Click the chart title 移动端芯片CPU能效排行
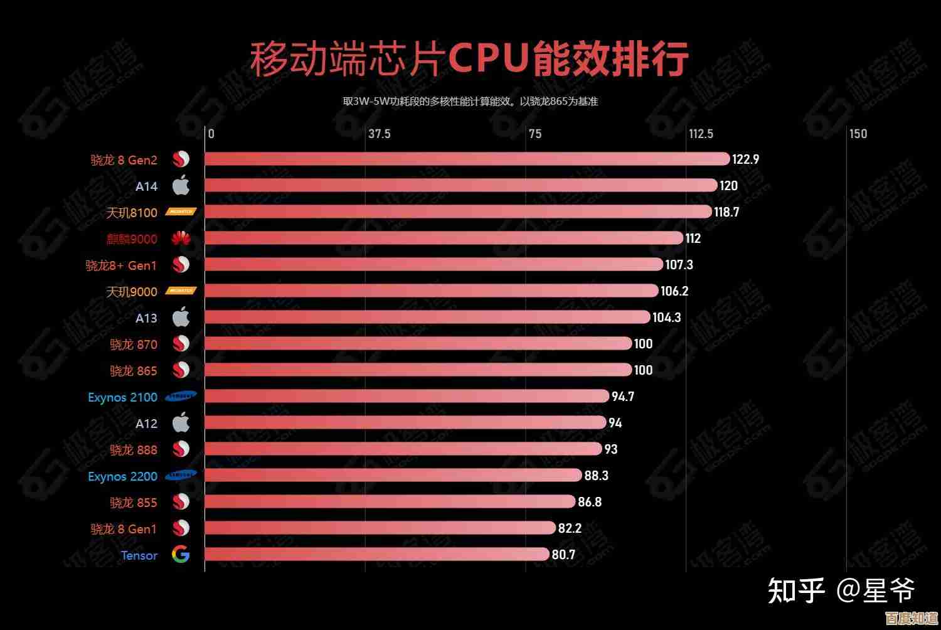(469, 60)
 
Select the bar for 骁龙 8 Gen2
(467, 159)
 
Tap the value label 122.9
(745, 159)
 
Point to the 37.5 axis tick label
(379, 134)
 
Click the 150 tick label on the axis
(858, 134)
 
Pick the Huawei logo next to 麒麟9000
(181, 238)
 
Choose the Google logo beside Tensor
(181, 555)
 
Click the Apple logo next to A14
(181, 186)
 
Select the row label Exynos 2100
(122, 397)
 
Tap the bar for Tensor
(376, 554)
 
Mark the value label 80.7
(563, 555)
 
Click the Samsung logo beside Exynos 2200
(181, 475)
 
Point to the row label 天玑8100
(131, 213)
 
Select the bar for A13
(427, 317)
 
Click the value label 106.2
(674, 291)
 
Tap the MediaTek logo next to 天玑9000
(181, 291)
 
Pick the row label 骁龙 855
(133, 503)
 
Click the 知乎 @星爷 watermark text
(841, 591)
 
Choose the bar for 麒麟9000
(444, 238)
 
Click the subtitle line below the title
(470, 101)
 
